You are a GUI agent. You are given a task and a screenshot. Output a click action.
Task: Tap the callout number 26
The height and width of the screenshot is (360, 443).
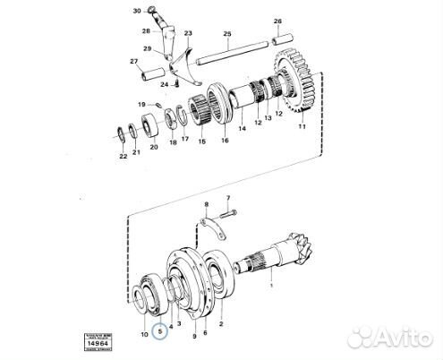pos(277,21)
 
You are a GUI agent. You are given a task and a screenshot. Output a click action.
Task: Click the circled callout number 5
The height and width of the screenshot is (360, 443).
pos(161,330)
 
